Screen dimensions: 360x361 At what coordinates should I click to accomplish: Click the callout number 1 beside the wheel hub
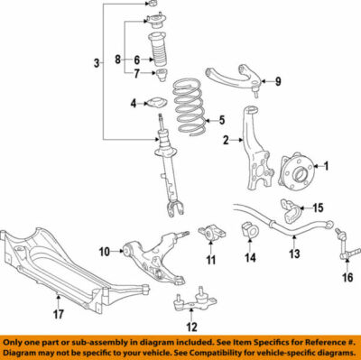point(327,165)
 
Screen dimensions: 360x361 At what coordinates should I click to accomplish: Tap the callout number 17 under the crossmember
point(58,315)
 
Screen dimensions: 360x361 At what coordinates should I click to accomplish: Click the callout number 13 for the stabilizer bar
point(293,255)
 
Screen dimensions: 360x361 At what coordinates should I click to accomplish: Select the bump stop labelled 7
point(162,78)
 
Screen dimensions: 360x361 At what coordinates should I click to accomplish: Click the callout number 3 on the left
point(97,62)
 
